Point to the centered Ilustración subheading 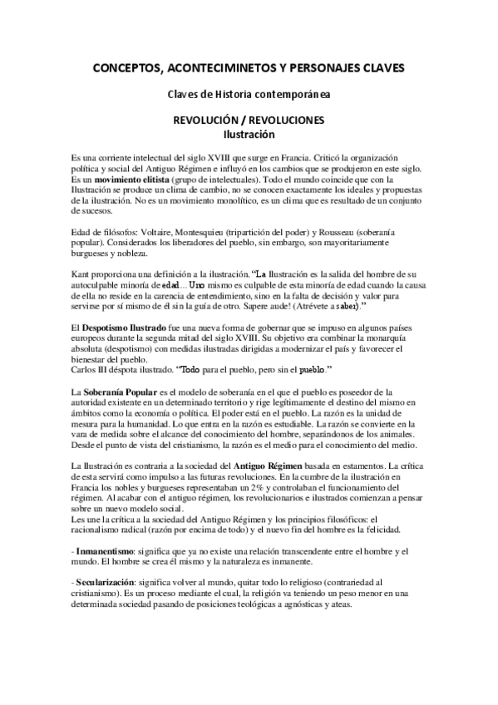click(249, 133)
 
